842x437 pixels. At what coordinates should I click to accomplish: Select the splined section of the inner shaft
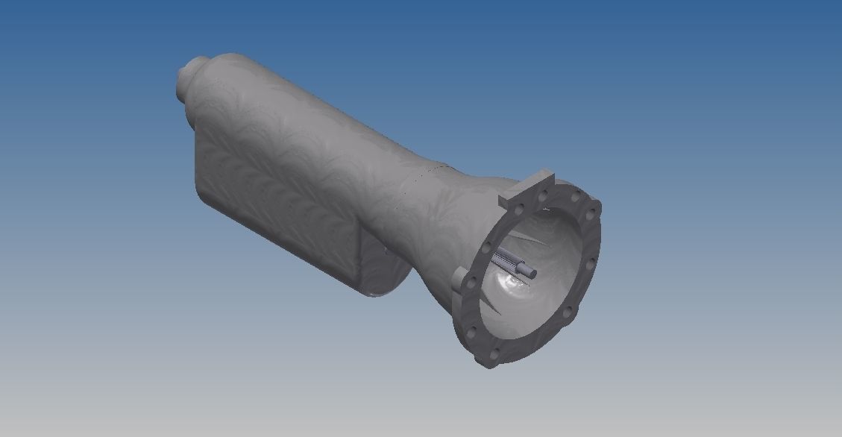506,261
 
